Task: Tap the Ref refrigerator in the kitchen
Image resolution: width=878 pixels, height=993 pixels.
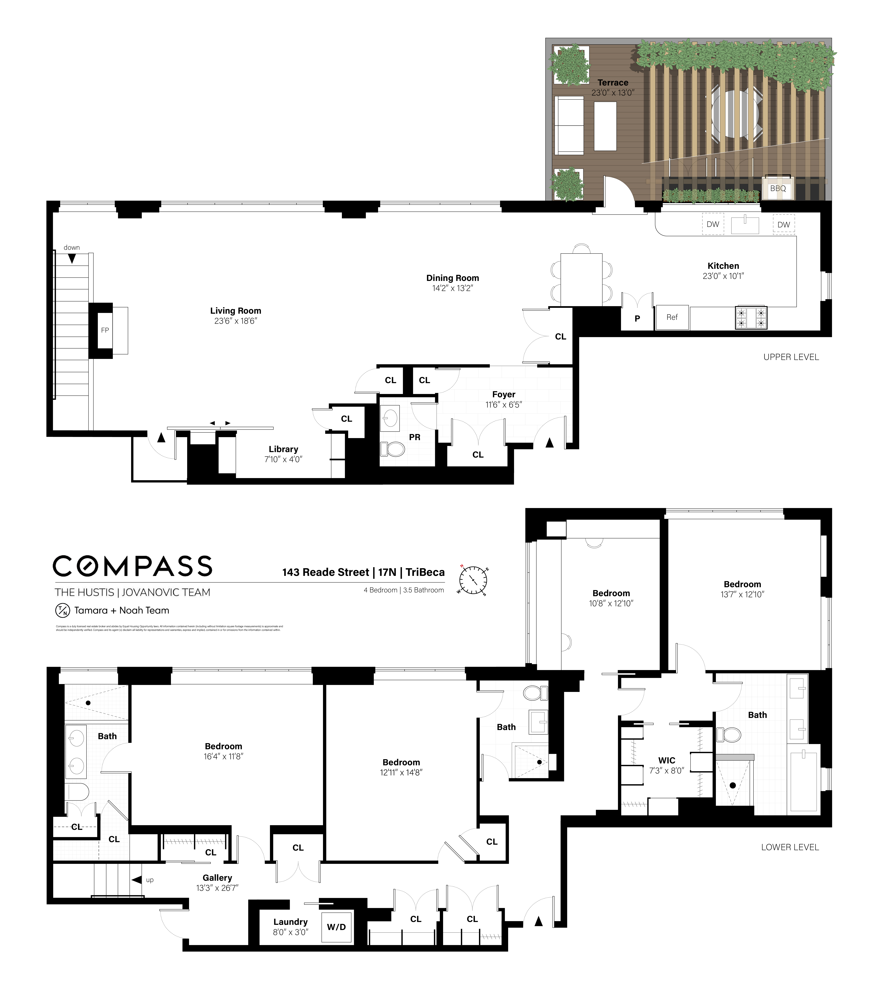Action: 672,317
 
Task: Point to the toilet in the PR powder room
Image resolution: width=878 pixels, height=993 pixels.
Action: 393,449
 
